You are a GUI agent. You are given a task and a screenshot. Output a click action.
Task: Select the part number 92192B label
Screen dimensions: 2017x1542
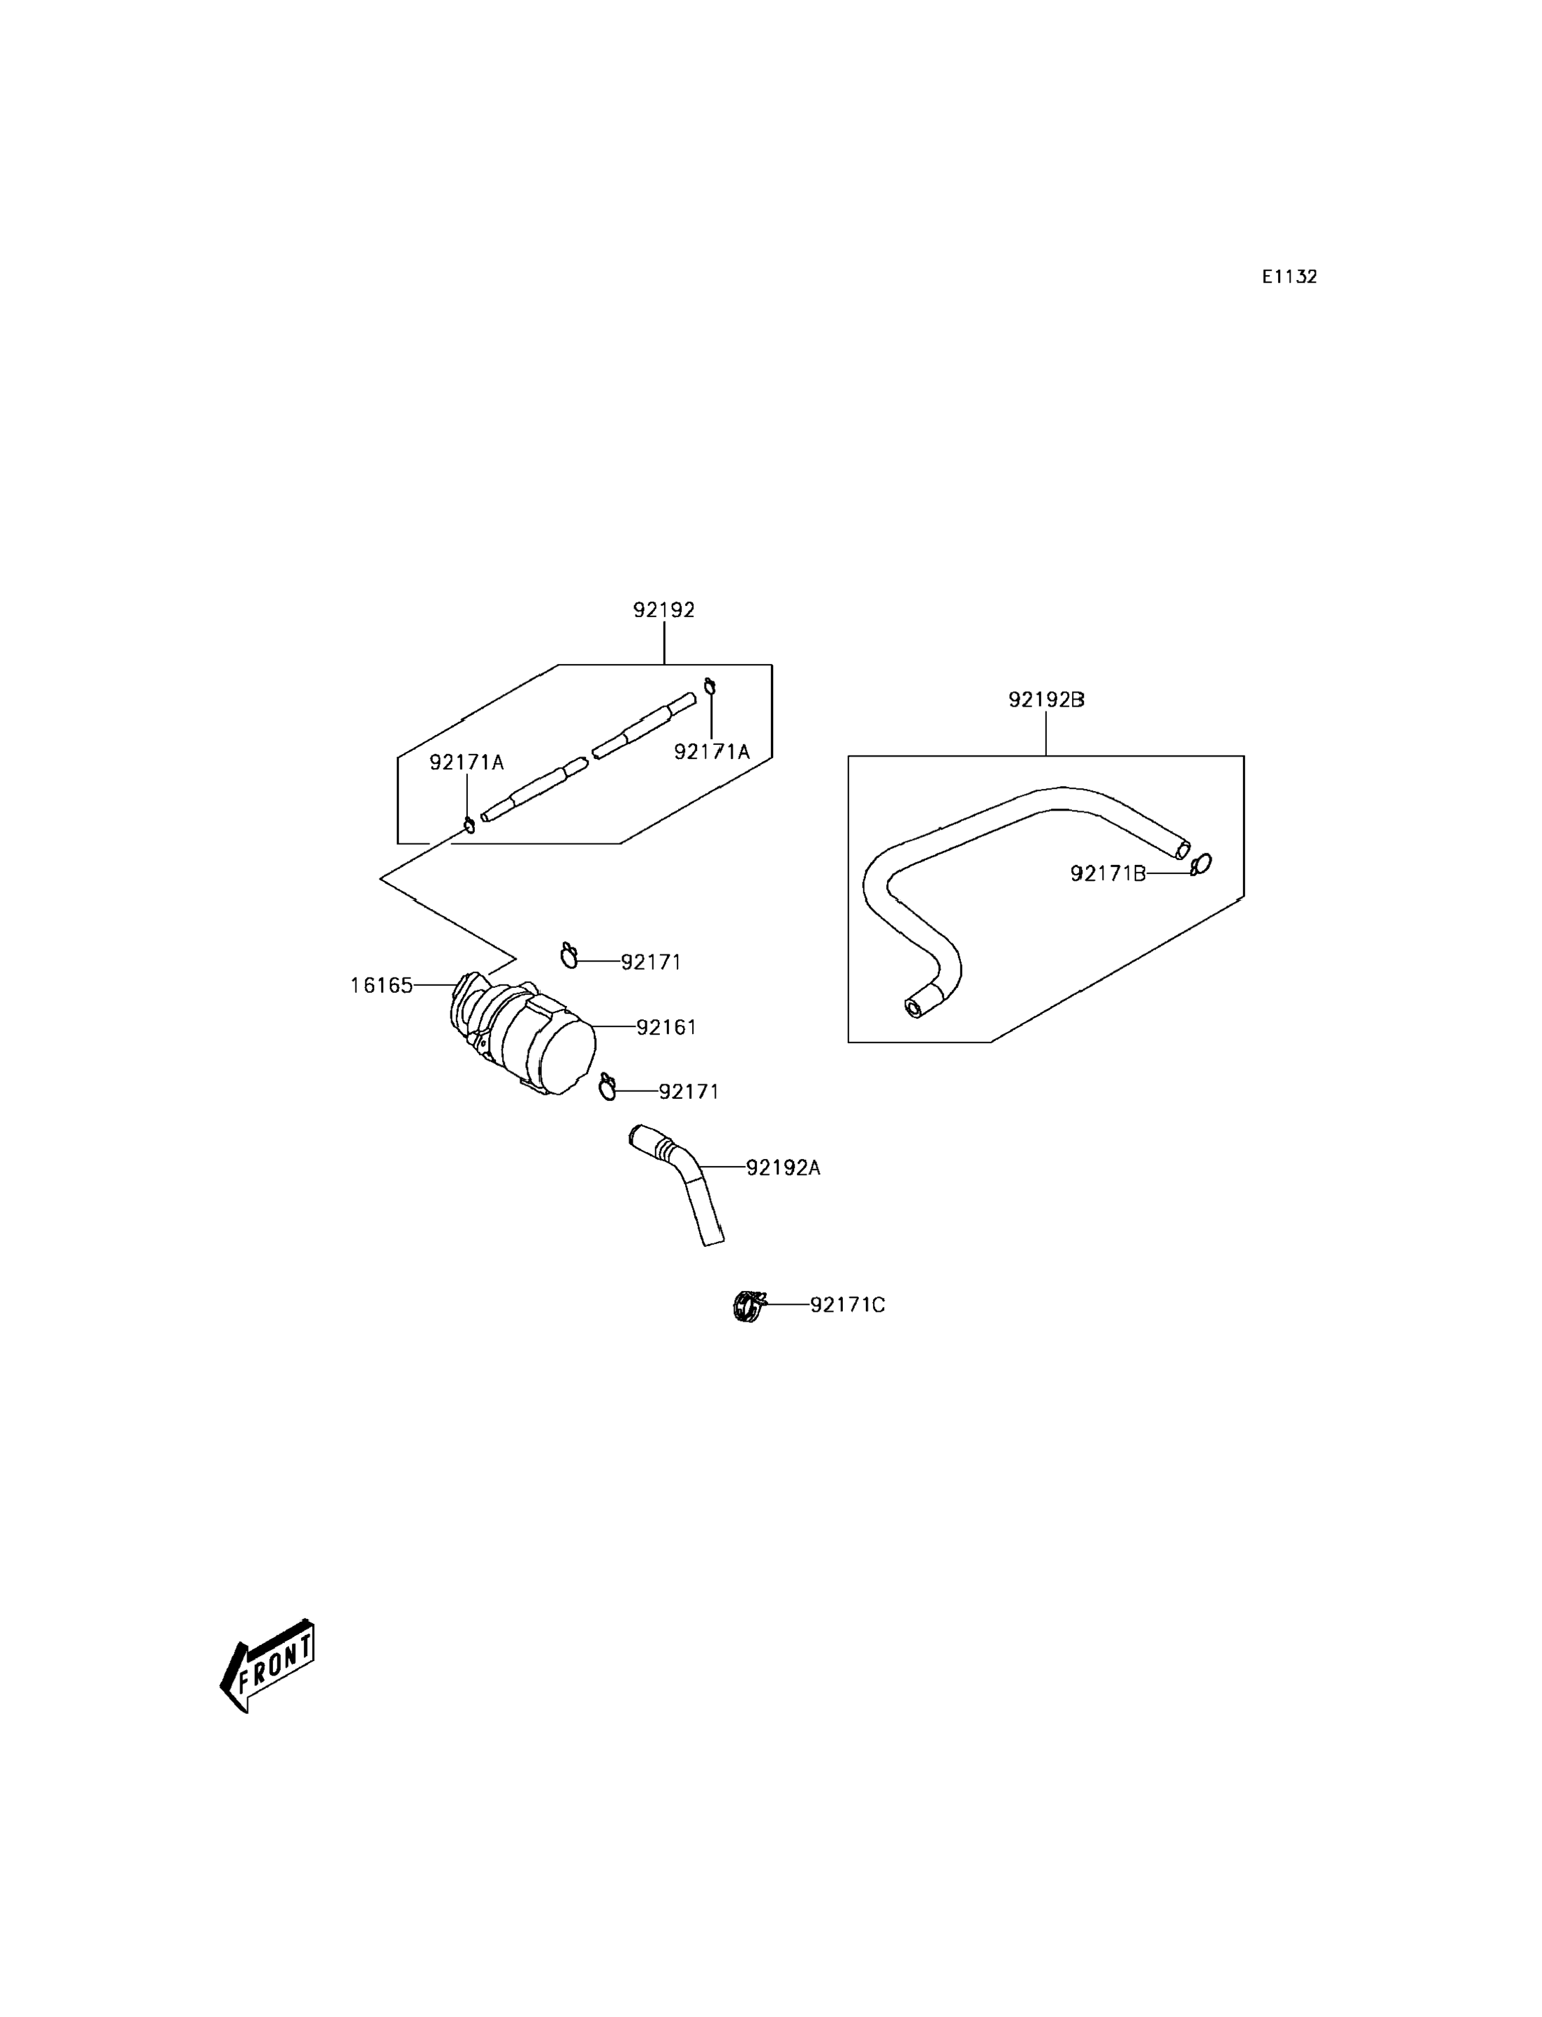click(1046, 700)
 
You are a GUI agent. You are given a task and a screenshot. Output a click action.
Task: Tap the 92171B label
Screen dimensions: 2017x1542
click(1108, 873)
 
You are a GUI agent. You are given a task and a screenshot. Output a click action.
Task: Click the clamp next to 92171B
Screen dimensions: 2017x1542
click(1200, 864)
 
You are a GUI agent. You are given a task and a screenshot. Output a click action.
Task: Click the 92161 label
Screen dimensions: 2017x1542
click(666, 1028)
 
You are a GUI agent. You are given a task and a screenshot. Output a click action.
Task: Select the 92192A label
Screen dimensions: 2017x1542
click(783, 1167)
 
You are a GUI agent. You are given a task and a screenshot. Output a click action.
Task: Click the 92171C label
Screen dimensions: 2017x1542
click(847, 1305)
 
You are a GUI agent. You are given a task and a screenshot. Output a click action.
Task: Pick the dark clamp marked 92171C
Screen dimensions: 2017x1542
click(748, 1305)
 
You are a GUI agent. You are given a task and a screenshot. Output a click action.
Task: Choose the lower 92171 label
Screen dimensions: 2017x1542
click(689, 1091)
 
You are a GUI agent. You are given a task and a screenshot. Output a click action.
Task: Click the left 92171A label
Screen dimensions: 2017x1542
click(467, 762)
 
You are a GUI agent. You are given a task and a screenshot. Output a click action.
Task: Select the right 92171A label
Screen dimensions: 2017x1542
click(712, 751)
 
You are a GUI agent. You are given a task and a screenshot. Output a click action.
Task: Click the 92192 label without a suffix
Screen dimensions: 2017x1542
click(663, 610)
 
